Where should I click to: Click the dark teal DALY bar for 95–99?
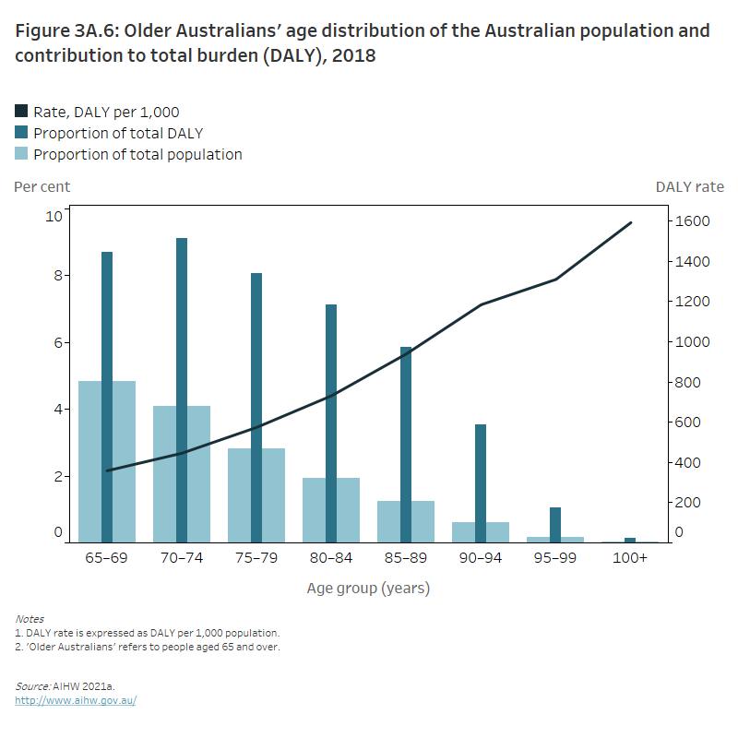point(554,524)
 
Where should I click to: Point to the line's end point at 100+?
point(631,222)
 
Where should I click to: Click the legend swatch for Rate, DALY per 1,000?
point(22,112)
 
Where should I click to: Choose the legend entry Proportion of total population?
point(137,154)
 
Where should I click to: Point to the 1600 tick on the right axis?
point(691,221)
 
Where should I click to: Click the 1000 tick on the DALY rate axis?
point(691,341)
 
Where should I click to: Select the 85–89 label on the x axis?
point(405,558)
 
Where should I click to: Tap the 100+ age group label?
point(631,558)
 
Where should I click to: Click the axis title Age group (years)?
point(368,588)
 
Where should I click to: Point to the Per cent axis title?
point(42,186)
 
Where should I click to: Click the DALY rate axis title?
point(689,186)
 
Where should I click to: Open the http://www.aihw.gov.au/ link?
point(76,700)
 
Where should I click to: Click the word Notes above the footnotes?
point(30,618)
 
